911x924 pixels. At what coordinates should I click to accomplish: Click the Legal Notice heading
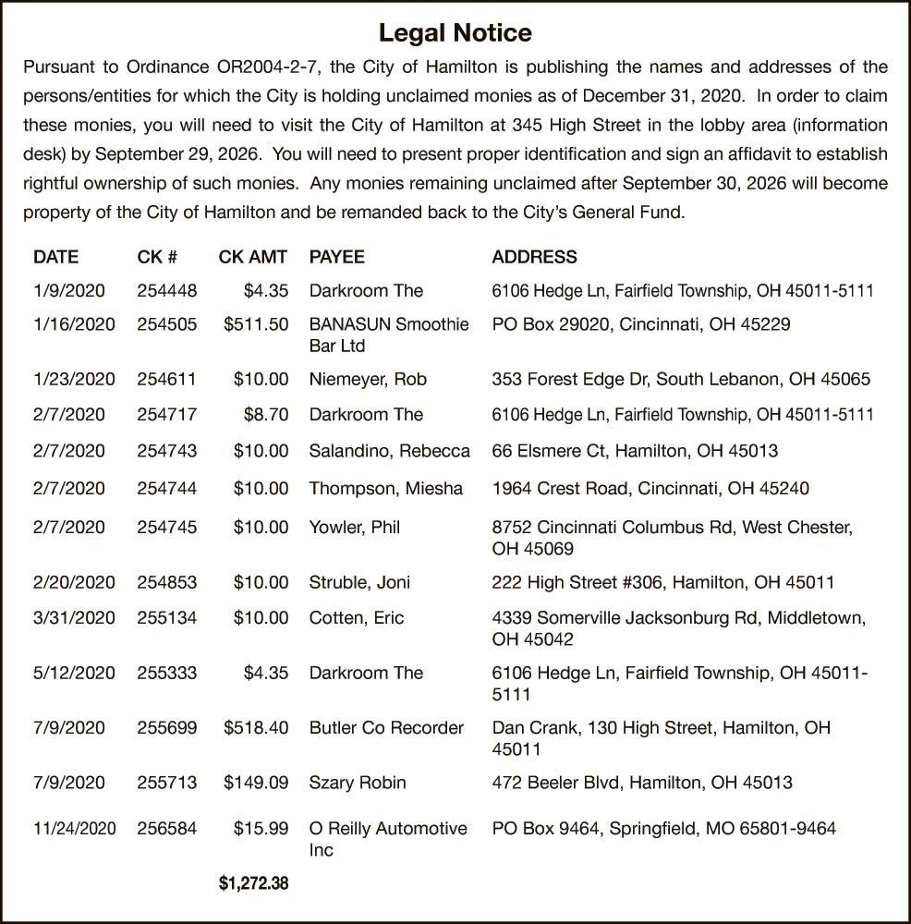pos(455,34)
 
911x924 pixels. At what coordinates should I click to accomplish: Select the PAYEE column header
pos(336,257)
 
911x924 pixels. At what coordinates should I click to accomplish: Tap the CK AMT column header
pos(253,257)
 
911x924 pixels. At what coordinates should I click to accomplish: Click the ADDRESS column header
pos(534,257)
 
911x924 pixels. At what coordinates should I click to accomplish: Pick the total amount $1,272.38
pos(253,884)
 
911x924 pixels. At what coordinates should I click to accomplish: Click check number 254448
pos(166,291)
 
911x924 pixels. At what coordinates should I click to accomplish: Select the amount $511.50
pos(256,324)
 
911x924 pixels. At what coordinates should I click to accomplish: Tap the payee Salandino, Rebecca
pos(389,452)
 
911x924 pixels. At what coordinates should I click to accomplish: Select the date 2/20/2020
pos(74,583)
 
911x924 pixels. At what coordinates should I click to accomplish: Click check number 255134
pos(166,618)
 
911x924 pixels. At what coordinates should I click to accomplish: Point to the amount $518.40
pos(256,728)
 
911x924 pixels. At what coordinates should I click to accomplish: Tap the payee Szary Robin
pos(357,784)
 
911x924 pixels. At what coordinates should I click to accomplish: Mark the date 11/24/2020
pos(74,829)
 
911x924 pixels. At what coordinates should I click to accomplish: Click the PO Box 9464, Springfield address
pos(663,829)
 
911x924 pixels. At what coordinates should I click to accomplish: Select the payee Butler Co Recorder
pos(386,728)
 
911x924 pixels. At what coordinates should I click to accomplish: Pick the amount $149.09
pos(256,784)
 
